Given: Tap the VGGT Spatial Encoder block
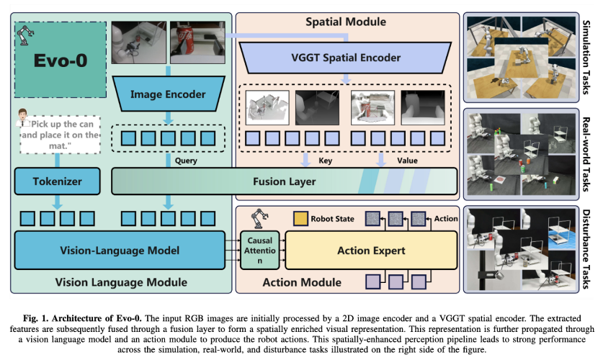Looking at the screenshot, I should pyautogui.click(x=347, y=57).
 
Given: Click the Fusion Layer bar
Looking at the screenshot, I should pyautogui.click(x=284, y=181).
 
